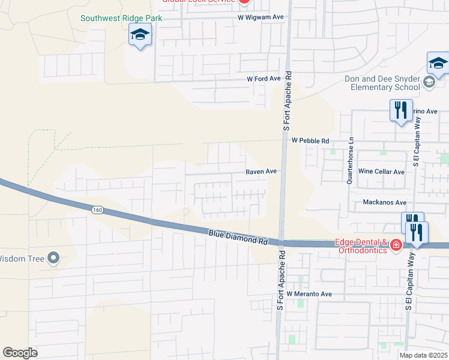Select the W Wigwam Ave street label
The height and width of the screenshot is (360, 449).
[x=261, y=18]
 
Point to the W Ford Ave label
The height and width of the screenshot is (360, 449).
[x=264, y=79]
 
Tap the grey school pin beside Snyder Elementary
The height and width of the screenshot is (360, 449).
[x=429, y=82]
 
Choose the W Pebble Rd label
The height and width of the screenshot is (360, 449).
[x=311, y=140]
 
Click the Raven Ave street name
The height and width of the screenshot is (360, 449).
[x=261, y=172]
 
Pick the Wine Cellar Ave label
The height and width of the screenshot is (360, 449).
[x=381, y=172]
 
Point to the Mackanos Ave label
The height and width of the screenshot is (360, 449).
[x=385, y=203]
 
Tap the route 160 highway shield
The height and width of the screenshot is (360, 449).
[x=97, y=210]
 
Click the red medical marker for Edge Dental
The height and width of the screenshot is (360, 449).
[x=396, y=245]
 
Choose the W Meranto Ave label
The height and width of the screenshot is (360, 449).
[x=309, y=294]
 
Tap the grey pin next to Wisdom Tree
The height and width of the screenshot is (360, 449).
[x=53, y=259]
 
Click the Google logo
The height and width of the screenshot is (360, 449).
[x=20, y=353]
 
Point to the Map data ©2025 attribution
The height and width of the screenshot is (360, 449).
[x=423, y=355]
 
